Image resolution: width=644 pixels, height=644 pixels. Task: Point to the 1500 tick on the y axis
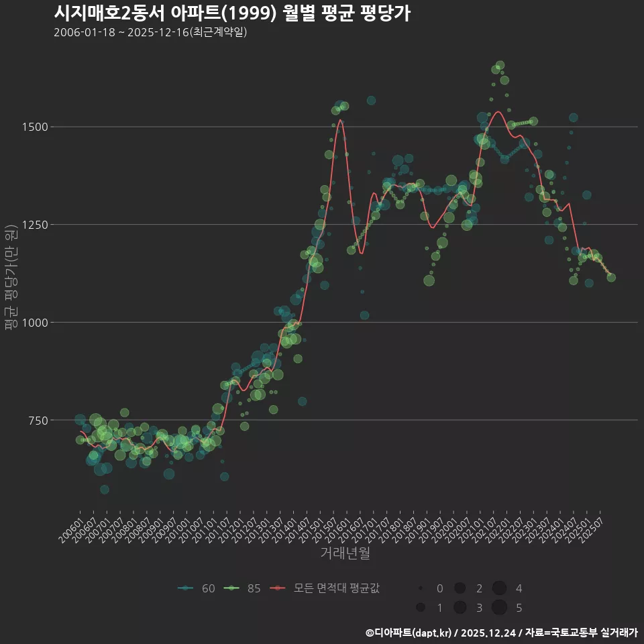[34, 127]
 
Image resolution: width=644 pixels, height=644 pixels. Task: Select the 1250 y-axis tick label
[34, 225]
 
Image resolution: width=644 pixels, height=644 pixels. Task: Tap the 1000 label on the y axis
[34, 323]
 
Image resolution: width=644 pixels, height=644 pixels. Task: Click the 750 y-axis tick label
[36, 421]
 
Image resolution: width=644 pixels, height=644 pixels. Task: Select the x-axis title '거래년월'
[345, 553]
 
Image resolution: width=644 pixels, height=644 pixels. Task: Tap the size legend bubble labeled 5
[499, 608]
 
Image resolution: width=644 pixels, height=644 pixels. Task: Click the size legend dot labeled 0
[421, 588]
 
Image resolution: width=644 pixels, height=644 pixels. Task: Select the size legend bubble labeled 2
[460, 588]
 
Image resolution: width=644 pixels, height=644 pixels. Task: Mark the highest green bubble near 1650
[500, 66]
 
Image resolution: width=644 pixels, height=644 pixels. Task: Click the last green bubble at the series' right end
[611, 277]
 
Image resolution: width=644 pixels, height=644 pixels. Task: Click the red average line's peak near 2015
[341, 120]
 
